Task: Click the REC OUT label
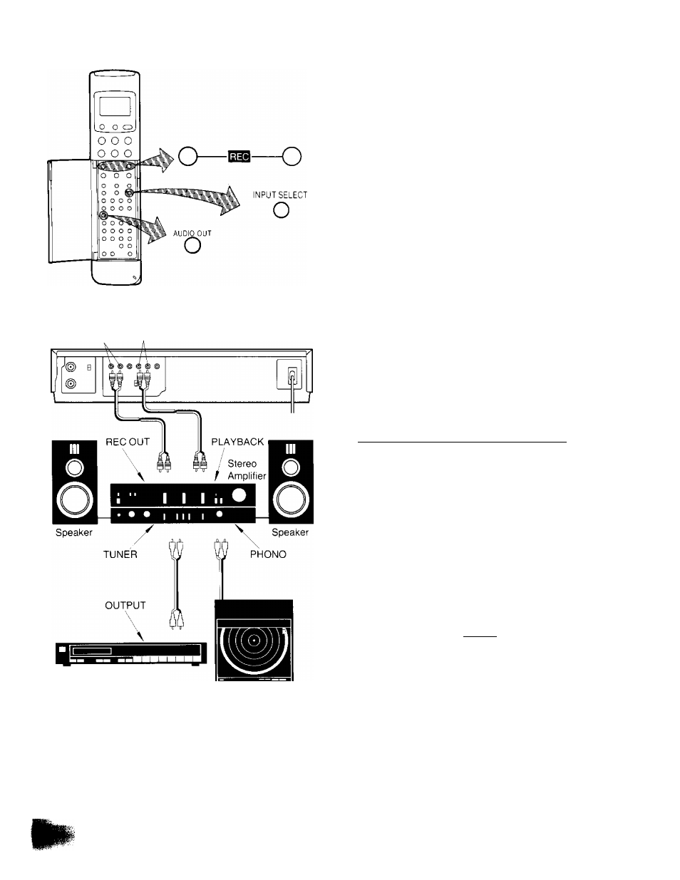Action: click(x=129, y=442)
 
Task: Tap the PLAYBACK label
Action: click(x=238, y=442)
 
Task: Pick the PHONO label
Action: click(x=269, y=554)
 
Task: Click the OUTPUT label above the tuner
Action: click(x=125, y=605)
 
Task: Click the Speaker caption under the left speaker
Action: click(x=74, y=532)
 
